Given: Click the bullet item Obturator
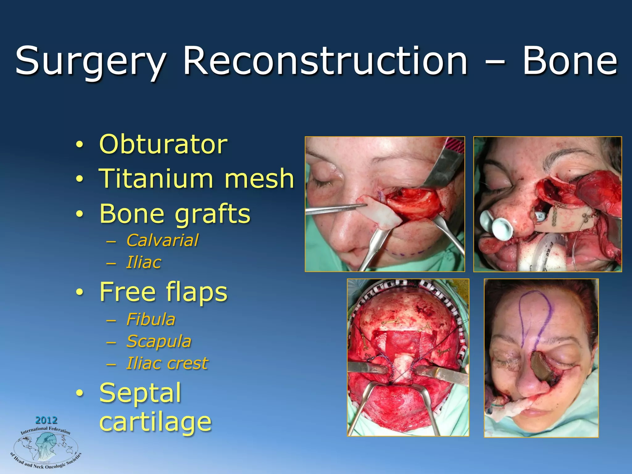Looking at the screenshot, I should (x=163, y=144).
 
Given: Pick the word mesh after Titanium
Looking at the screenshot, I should (x=259, y=179).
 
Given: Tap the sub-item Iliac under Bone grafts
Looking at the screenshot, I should (x=143, y=262).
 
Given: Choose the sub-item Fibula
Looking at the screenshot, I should (x=151, y=319).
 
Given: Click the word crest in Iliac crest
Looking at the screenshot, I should (x=188, y=363).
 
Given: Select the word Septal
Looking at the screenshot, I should (x=140, y=393).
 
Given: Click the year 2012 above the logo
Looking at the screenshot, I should (x=46, y=420).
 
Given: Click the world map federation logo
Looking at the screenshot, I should (x=46, y=447).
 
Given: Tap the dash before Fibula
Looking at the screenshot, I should (x=111, y=320).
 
